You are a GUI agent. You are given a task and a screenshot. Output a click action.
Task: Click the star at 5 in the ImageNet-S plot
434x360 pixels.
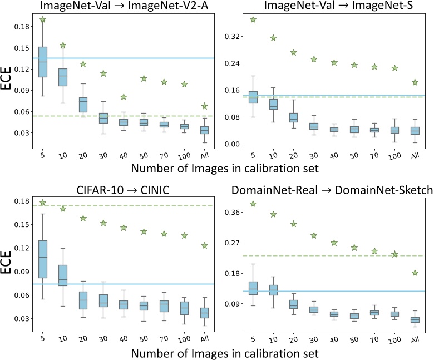[253, 19]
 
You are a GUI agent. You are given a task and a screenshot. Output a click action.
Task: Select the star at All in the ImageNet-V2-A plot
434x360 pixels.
[205, 106]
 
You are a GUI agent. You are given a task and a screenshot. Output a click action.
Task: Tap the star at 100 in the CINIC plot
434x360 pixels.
[184, 235]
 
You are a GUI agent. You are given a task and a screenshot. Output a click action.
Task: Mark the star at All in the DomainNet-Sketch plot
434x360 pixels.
[415, 273]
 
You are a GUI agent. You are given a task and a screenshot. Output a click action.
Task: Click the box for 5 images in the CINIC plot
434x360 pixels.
[43, 259]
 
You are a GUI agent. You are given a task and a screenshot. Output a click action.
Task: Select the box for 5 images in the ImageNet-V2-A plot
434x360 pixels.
[43, 62]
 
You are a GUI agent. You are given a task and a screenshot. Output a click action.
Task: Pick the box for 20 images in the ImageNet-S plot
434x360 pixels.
[293, 117]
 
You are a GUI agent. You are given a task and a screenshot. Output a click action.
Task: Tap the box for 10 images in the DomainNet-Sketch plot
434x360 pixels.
[273, 289]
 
